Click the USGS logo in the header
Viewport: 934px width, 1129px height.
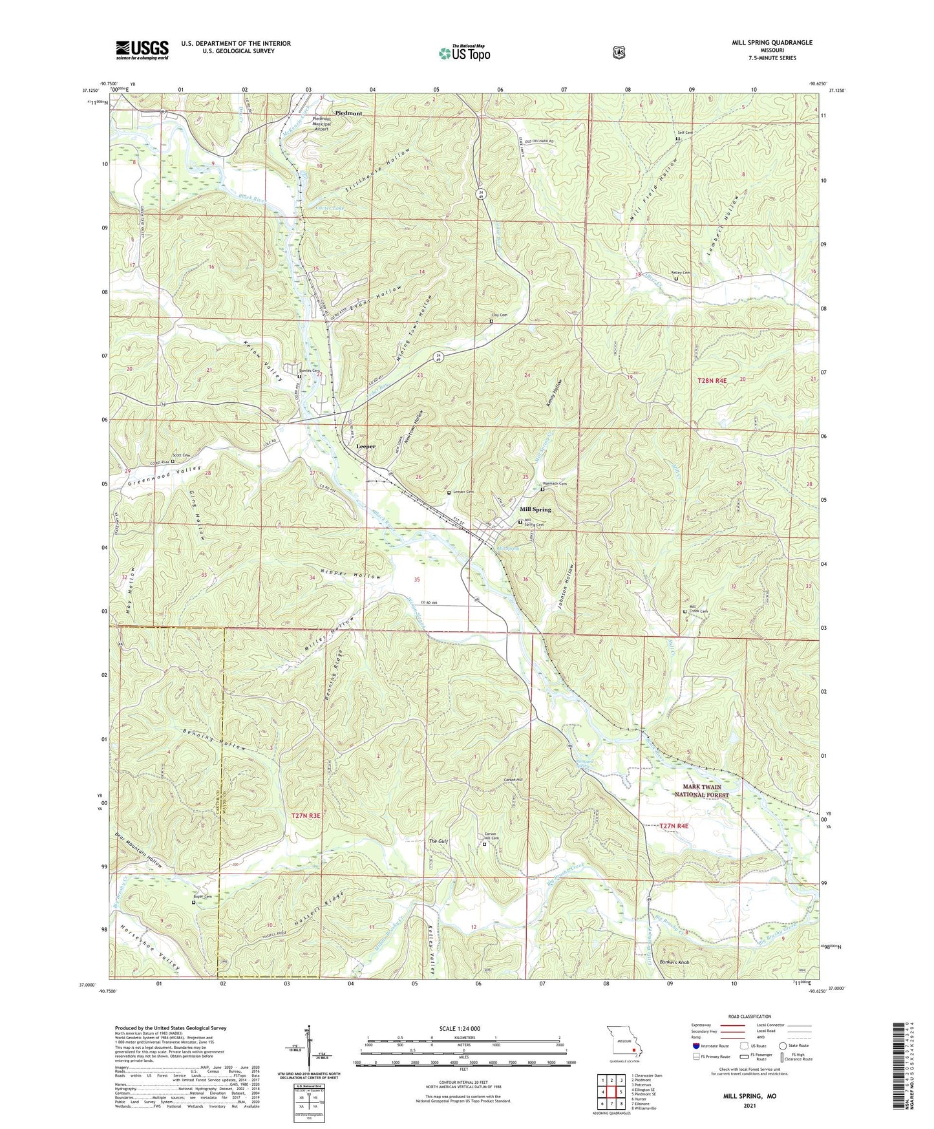point(142,50)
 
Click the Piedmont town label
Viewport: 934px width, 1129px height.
point(348,113)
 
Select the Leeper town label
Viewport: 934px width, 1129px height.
point(366,447)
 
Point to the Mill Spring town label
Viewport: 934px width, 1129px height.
point(535,510)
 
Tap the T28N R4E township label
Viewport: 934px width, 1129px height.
point(712,381)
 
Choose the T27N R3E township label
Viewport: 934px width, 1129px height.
point(306,816)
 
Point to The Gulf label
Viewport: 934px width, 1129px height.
point(438,841)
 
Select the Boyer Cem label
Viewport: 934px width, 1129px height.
point(203,897)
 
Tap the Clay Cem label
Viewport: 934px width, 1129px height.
point(499,315)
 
